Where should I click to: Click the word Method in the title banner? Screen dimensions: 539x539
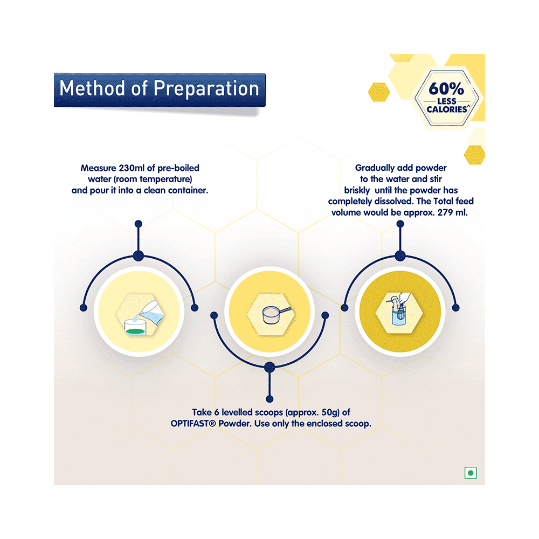point(92,88)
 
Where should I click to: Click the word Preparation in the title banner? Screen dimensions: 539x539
point(206,89)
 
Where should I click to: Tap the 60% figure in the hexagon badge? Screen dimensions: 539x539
point(446,89)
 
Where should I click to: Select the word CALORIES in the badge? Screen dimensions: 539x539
point(447,109)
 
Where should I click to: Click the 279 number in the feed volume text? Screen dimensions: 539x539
point(445,212)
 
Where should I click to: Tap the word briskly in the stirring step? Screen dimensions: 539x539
point(357,190)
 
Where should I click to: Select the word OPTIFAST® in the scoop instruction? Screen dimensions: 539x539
point(193,424)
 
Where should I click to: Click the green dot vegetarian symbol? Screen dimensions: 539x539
point(471,473)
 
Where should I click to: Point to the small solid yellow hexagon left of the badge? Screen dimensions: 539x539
point(379,92)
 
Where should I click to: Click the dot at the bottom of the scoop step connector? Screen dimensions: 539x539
point(269,399)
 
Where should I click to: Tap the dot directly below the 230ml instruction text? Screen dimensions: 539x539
point(139,224)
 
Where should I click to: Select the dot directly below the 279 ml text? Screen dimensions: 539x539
point(400,224)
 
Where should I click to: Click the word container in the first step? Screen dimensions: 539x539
point(188,190)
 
